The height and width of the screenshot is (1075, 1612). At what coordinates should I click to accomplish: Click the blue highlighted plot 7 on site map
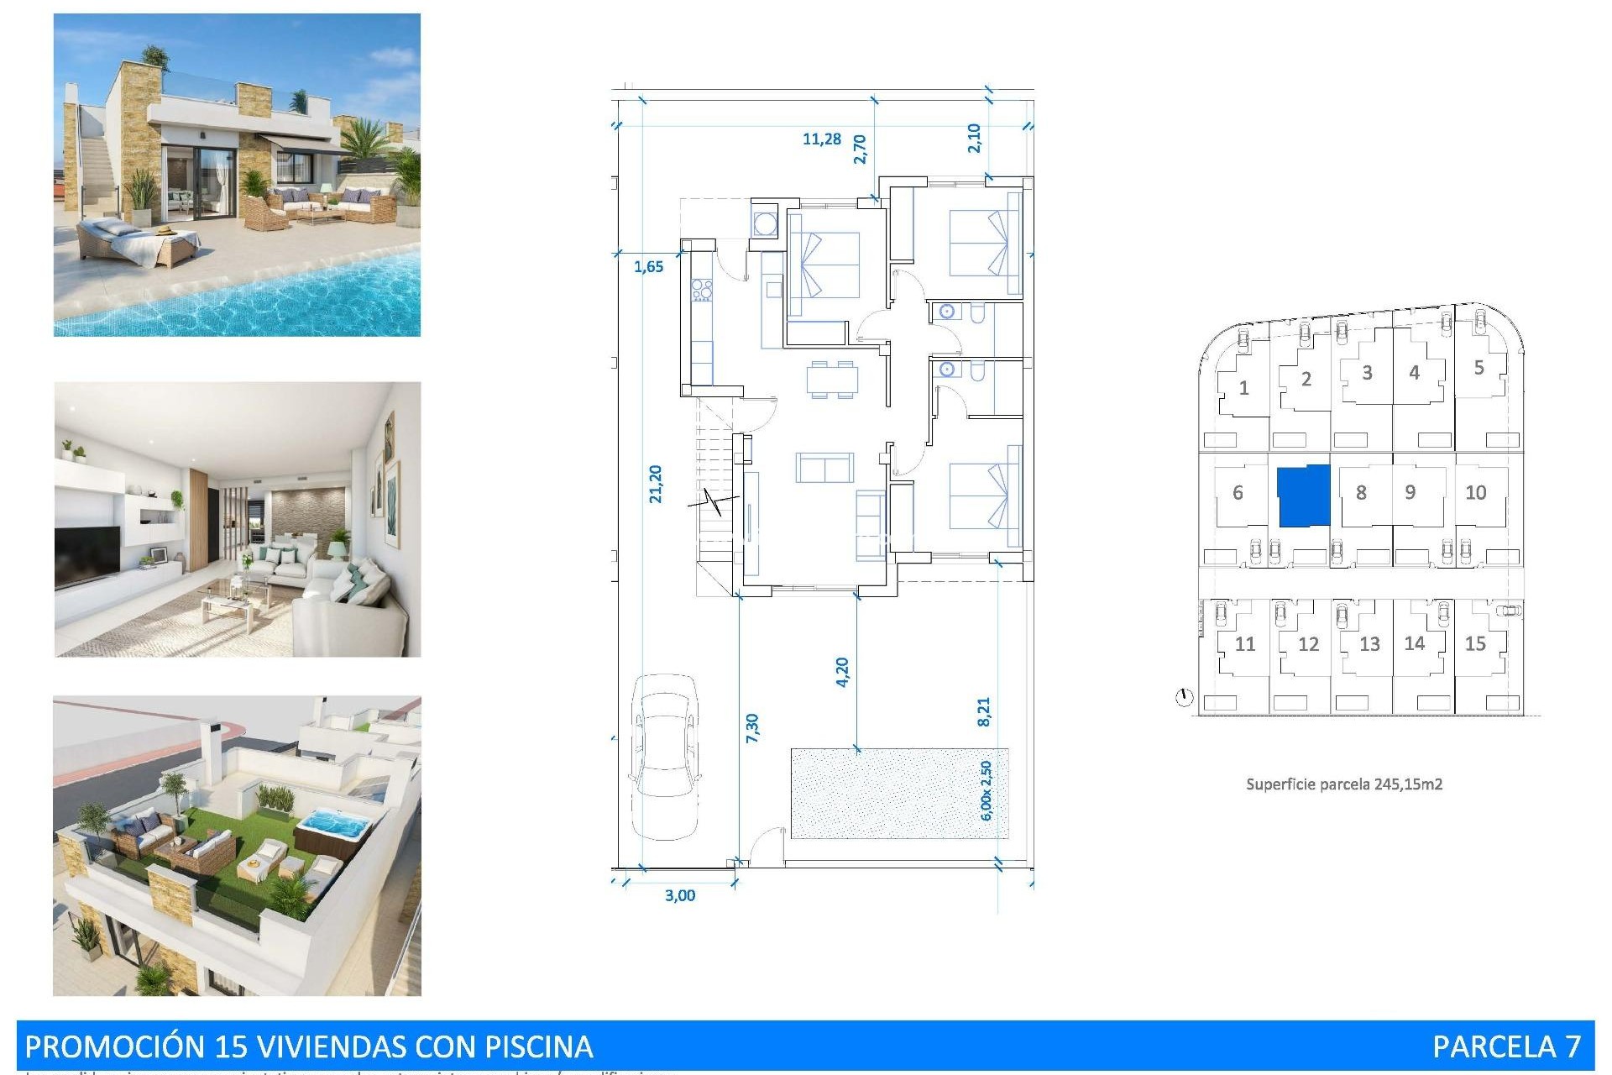1304,496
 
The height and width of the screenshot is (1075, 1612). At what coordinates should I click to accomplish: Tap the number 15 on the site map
1475,644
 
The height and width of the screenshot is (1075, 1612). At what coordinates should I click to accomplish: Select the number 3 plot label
1367,373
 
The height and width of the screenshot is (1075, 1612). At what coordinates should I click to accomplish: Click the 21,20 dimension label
656,485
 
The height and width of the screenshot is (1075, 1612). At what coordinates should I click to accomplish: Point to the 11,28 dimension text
821,139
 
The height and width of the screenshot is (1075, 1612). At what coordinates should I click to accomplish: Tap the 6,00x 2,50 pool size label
987,790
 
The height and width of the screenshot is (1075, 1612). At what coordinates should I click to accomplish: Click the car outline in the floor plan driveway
665,756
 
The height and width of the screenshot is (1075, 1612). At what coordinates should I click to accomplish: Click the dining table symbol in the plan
832,379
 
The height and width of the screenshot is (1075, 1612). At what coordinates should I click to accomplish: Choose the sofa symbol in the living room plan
824,468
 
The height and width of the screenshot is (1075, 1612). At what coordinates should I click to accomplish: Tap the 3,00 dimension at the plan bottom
680,895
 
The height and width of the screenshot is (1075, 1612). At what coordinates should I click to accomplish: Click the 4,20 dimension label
843,672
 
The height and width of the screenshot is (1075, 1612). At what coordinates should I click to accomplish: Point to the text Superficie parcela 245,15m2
1343,784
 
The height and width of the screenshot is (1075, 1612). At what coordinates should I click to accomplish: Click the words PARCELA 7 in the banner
1506,1046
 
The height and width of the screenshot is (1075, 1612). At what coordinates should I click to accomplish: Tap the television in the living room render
86,555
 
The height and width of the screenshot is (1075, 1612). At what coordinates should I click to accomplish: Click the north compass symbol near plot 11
1184,697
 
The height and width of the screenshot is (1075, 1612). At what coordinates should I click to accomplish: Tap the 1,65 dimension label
648,267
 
